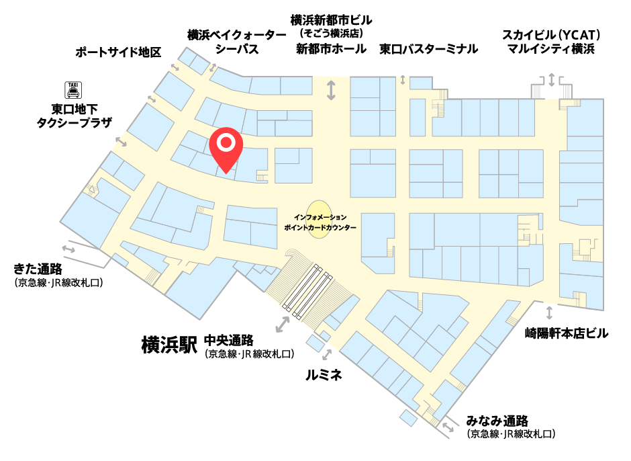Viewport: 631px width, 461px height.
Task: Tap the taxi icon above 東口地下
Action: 72,89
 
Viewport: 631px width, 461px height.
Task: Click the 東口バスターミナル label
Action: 428,49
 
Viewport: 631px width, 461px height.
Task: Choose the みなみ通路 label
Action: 497,421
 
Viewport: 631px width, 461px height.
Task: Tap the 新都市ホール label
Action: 332,49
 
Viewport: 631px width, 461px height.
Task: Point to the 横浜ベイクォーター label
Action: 237,34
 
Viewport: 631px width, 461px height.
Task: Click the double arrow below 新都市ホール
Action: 331,90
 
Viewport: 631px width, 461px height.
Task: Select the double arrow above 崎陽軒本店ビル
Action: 550,312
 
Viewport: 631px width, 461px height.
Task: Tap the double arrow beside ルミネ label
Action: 327,354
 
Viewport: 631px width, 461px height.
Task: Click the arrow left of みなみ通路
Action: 448,425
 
